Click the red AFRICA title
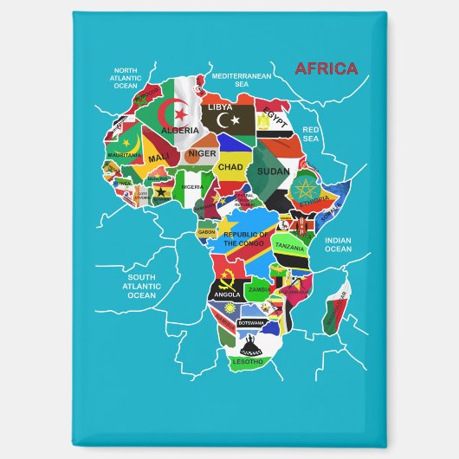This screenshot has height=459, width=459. [326, 68]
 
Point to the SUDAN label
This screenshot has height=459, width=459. [274, 171]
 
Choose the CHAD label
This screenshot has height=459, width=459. [230, 166]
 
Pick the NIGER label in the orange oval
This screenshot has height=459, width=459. [202, 153]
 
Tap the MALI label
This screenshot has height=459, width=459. [158, 158]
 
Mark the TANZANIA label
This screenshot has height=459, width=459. [290, 247]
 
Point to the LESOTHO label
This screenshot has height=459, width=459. [247, 361]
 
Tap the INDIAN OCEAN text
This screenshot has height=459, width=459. [339, 244]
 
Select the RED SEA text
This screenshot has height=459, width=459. [311, 133]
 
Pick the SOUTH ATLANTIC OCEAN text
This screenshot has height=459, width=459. [142, 286]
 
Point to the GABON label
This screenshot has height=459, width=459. [206, 232]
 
